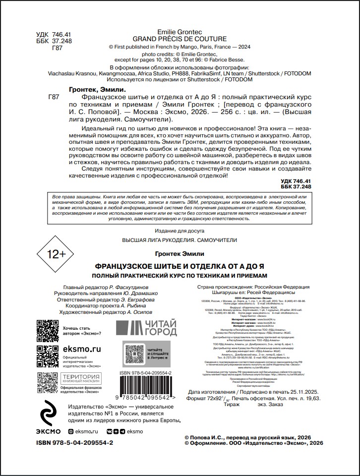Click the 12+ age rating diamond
click(55, 254)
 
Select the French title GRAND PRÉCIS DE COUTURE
click(180, 39)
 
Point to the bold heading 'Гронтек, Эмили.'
click(95, 89)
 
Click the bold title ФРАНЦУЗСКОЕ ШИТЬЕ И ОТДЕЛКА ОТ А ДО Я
click(179, 266)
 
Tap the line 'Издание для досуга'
click(180, 231)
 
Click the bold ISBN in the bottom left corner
click(74, 442)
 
